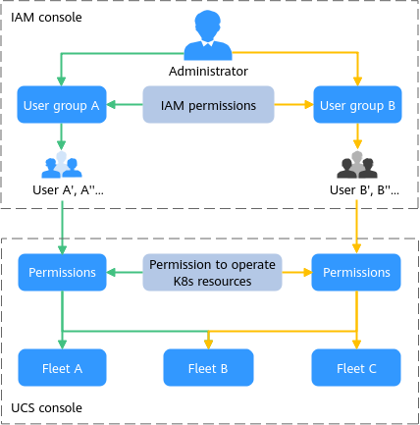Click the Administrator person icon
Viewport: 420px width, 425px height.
point(208,35)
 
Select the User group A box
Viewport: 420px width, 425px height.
point(62,105)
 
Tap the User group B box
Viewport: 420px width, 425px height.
point(357,105)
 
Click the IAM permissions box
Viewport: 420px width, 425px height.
point(208,105)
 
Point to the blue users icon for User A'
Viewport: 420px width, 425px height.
point(62,165)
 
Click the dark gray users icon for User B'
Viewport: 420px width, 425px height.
point(357,165)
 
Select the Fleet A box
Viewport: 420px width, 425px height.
point(62,367)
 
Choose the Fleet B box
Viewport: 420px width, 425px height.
point(208,367)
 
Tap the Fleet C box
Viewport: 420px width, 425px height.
point(356,367)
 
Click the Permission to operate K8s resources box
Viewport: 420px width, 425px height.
point(212,272)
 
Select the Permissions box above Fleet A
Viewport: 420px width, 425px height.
point(62,272)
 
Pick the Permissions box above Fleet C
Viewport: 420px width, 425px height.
point(356,272)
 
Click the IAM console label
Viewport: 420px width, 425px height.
point(46,18)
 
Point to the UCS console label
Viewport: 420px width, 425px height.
point(46,408)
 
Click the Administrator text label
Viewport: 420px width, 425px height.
point(208,71)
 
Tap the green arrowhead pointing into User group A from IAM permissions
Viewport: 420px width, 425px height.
point(111,105)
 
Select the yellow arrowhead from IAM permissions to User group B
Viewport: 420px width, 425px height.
point(309,105)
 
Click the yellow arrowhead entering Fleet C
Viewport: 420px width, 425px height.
point(356,345)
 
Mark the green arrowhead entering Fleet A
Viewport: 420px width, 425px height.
point(62,345)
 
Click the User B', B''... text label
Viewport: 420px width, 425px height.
point(364,190)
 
